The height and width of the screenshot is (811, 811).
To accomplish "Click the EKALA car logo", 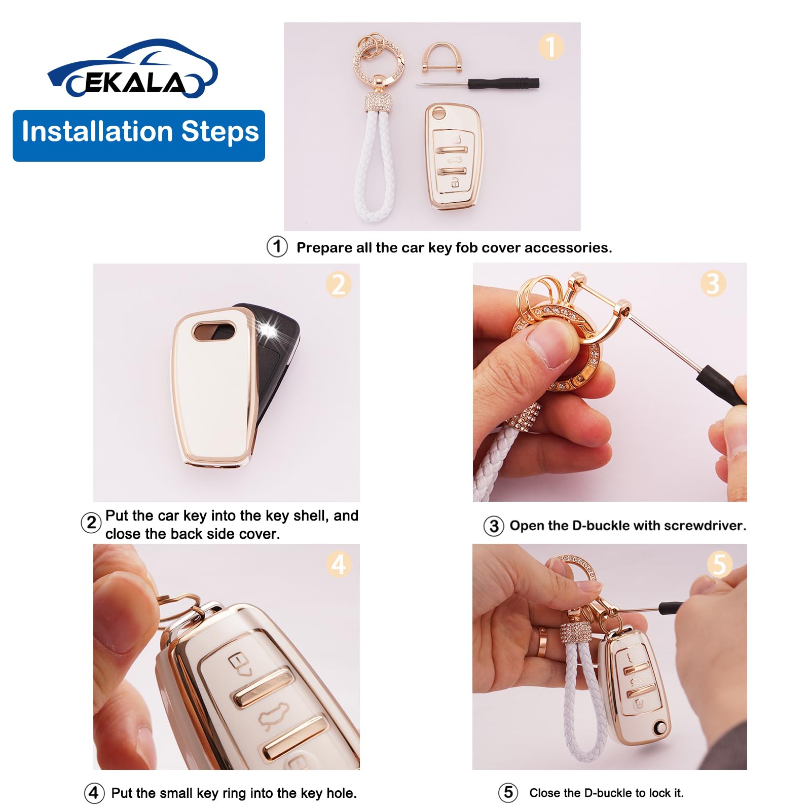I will [x=133, y=70].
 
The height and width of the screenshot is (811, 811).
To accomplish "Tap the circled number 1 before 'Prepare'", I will [x=277, y=247].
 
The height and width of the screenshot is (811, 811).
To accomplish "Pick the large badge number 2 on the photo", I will [x=339, y=284].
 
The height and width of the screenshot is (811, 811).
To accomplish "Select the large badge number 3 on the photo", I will [x=713, y=283].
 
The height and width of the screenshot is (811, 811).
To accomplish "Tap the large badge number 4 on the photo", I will [x=339, y=564].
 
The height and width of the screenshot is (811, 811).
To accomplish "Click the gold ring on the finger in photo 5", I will [x=543, y=644].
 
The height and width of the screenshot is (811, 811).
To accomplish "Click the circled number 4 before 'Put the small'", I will [x=94, y=793].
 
